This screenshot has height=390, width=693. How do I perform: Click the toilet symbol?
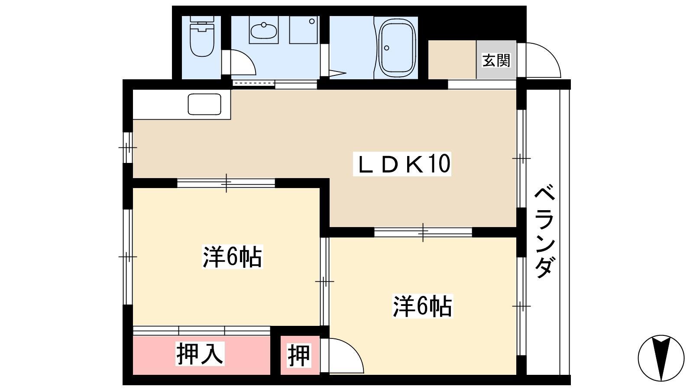click(202, 36)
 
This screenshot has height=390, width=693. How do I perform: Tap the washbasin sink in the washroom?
click(264, 30)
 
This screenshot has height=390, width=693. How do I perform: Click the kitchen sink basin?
click(204, 104)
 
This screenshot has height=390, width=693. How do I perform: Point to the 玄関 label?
click(496, 60)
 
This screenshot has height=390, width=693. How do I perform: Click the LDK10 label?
click(402, 164)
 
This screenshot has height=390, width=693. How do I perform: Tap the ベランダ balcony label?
click(544, 231)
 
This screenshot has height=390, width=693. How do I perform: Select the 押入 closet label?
click(200, 354)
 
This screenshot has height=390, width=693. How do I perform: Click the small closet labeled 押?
click(299, 356)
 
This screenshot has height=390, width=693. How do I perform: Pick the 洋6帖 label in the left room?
click(232, 257)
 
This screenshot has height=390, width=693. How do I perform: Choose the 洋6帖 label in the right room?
click(423, 306)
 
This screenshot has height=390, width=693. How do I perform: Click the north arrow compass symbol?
click(661, 358)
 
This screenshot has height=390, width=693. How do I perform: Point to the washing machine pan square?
click(303, 30)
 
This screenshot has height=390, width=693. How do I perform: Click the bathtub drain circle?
click(386, 48)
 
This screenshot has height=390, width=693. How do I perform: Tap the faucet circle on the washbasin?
click(264, 24)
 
